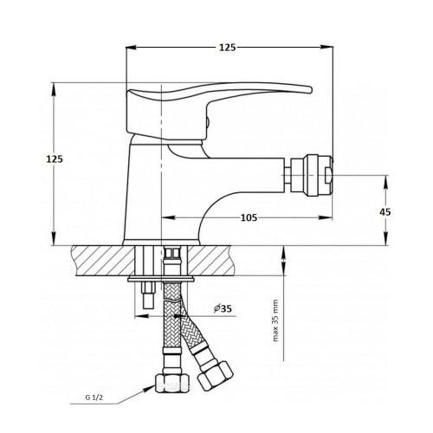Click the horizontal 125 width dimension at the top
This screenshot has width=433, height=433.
click(x=228, y=47)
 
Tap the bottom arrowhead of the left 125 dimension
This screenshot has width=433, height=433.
click(x=54, y=242)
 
